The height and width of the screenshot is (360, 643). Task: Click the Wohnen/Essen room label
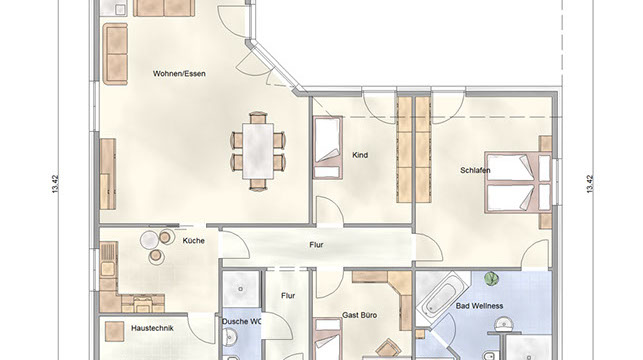179,74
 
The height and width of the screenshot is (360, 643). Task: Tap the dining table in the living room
258,151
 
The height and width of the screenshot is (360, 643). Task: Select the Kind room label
360,155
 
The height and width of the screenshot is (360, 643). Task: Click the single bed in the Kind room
328,148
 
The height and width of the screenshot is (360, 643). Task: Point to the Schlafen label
475,170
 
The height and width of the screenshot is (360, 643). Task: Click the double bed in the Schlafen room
518,182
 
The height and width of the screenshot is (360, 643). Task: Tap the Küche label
194,241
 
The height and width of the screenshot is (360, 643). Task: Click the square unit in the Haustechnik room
114,331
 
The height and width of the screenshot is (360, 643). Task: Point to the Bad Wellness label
479,306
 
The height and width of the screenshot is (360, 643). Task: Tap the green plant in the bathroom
490,279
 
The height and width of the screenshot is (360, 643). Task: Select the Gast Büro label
360,315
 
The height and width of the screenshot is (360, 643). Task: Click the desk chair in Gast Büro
388,349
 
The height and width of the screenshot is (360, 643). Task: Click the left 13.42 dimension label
55,184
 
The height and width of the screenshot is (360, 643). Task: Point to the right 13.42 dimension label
590,184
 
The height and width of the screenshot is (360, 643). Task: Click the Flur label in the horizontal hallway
316,245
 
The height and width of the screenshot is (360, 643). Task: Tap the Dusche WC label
241,321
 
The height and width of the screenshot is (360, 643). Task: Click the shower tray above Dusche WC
241,289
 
